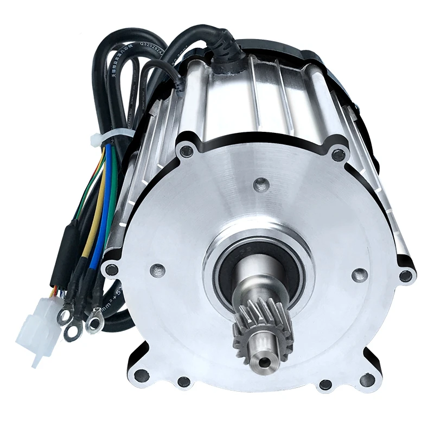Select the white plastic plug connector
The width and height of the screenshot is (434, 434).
click(x=37, y=325)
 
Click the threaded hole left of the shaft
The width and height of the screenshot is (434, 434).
click(x=158, y=268)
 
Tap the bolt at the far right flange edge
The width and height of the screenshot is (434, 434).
click(x=405, y=276)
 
